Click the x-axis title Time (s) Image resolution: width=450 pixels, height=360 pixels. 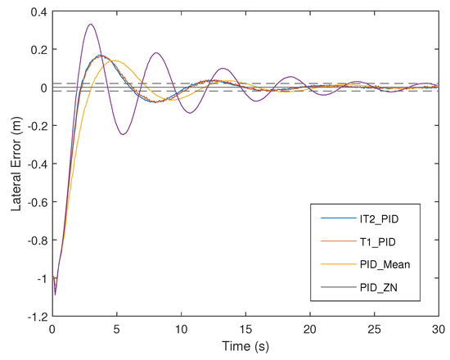pyautogui.click(x=245, y=347)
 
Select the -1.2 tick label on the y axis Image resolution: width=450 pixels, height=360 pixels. pyautogui.click(x=33, y=316)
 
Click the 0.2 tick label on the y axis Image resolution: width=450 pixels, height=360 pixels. pyautogui.click(x=36, y=50)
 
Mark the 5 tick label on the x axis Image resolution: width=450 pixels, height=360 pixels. pyautogui.click(x=116, y=329)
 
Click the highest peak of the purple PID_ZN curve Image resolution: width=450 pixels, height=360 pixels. pyautogui.click(x=90, y=24)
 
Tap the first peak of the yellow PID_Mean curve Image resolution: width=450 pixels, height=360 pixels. pyautogui.click(x=115, y=61)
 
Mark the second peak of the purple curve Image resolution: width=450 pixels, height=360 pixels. pyautogui.click(x=155, y=53)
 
